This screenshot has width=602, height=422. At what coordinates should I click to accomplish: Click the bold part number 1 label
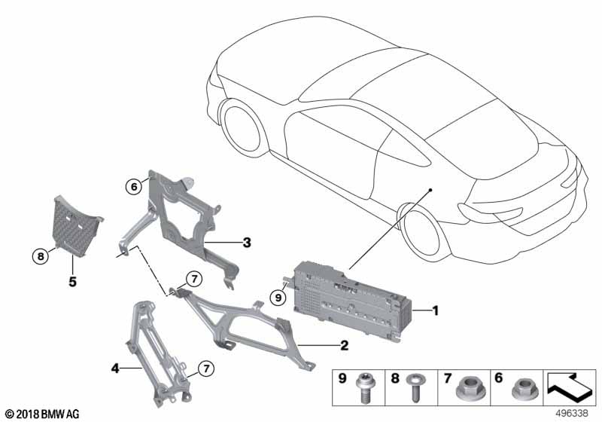(x=435, y=310)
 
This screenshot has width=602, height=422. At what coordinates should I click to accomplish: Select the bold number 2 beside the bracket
(x=345, y=345)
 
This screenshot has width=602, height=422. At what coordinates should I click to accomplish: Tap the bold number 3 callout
(x=247, y=243)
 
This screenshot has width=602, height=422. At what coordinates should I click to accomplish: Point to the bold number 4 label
(x=115, y=368)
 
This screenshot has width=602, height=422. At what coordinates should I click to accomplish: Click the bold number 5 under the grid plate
(x=72, y=282)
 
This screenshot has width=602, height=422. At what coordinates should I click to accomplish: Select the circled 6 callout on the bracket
(x=134, y=187)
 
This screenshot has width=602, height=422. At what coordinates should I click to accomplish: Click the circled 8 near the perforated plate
(x=41, y=256)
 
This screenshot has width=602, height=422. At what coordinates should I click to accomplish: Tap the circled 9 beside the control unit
(x=278, y=298)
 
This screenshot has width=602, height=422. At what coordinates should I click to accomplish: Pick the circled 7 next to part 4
(x=206, y=369)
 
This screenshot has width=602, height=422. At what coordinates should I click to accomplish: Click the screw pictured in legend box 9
(x=363, y=387)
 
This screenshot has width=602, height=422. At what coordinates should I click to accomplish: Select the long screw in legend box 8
(x=415, y=387)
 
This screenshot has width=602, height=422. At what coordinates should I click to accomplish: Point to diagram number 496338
(x=573, y=413)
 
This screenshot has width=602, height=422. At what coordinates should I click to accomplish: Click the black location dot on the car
(x=430, y=190)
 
